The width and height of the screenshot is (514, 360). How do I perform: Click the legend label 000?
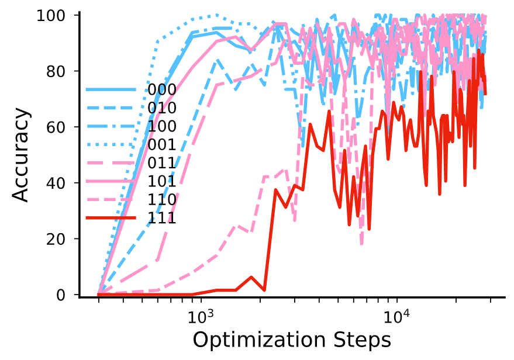pyautogui.click(x=162, y=89)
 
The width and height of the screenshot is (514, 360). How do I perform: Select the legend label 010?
pyautogui.click(x=162, y=108)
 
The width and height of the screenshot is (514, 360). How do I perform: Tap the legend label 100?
pyautogui.click(x=162, y=126)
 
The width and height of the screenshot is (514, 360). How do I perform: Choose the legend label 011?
pyautogui.click(x=162, y=163)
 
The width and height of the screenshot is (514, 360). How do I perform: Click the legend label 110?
pyautogui.click(x=162, y=200)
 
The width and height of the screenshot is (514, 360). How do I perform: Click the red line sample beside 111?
pyautogui.click(x=111, y=218)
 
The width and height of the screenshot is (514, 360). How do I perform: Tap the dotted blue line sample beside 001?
pyautogui.click(x=111, y=144)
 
